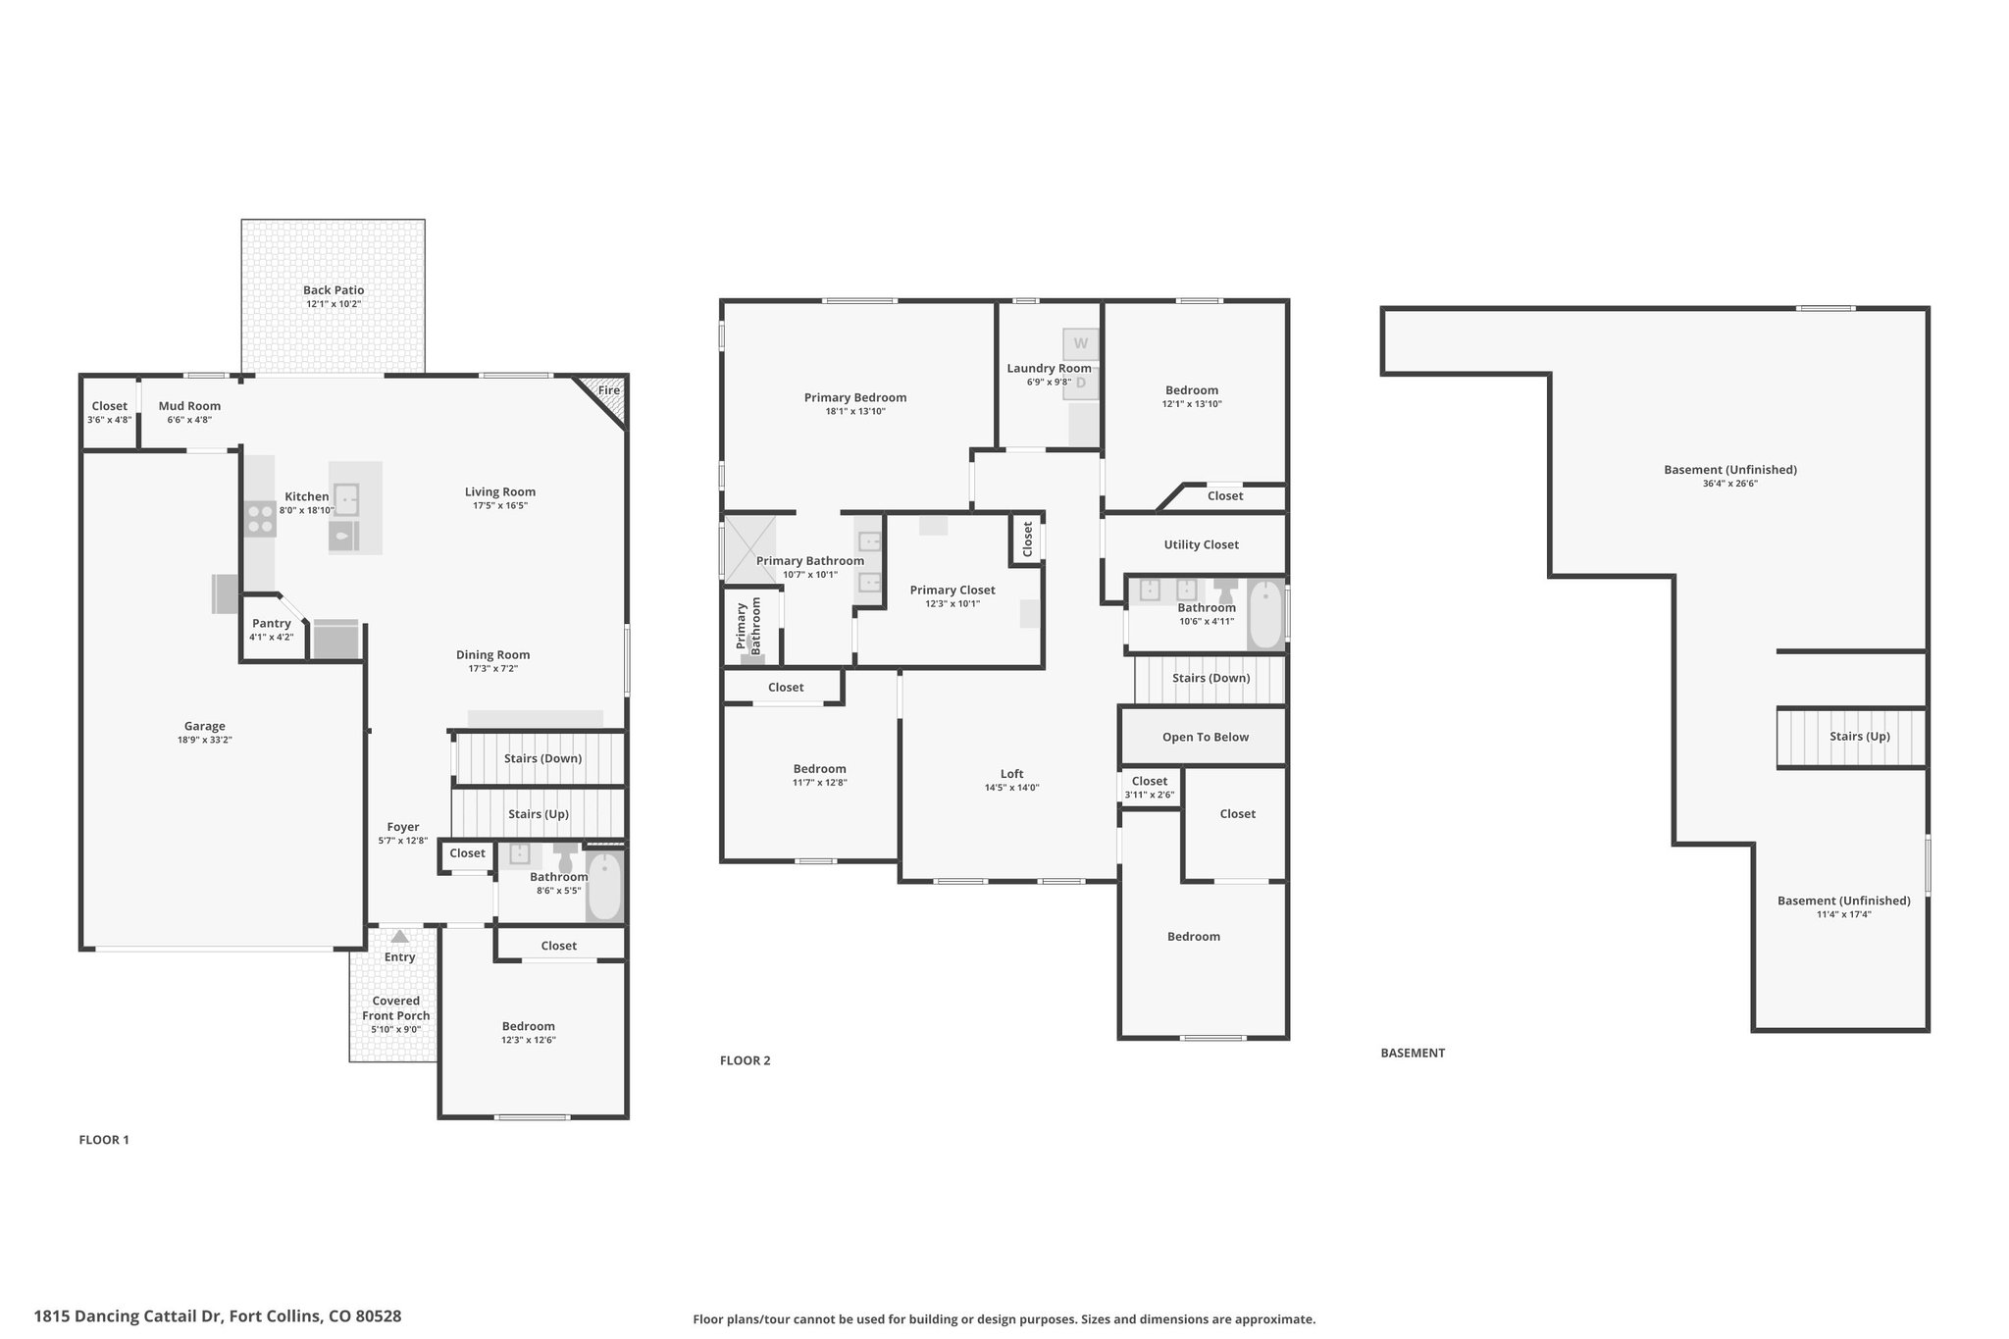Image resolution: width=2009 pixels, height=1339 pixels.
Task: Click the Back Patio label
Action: (x=334, y=290)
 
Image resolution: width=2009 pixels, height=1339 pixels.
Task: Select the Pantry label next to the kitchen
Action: (x=272, y=624)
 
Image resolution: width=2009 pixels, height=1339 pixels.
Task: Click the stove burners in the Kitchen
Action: (x=260, y=518)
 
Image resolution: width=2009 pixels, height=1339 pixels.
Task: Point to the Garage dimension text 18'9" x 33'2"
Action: (x=205, y=741)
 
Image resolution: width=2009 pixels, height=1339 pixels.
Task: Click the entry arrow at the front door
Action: (x=399, y=937)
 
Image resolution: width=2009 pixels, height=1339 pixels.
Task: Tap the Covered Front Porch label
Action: (x=396, y=1008)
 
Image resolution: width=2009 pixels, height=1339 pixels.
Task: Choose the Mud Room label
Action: (x=189, y=406)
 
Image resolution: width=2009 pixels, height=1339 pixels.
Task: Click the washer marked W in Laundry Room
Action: (x=1081, y=344)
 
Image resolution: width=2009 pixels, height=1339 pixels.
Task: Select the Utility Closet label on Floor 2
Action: (x=1202, y=544)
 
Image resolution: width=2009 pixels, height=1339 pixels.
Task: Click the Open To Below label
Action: (x=1206, y=737)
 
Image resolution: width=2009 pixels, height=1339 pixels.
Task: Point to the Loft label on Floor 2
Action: (x=1012, y=774)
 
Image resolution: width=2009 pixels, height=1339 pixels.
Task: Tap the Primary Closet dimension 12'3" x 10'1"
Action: (x=953, y=604)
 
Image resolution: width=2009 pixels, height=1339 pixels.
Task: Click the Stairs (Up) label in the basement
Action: (x=1860, y=737)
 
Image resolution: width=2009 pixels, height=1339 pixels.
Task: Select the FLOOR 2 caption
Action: (x=746, y=1060)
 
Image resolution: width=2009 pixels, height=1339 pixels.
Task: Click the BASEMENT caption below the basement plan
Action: (x=1413, y=1053)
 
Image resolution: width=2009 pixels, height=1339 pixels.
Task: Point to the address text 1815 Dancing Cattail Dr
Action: (x=129, y=1316)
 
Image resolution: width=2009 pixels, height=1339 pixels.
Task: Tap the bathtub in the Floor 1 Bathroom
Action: (x=604, y=887)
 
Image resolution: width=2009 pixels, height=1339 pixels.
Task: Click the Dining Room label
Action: (x=492, y=655)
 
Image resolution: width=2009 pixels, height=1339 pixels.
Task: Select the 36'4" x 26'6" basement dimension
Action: (x=1730, y=484)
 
